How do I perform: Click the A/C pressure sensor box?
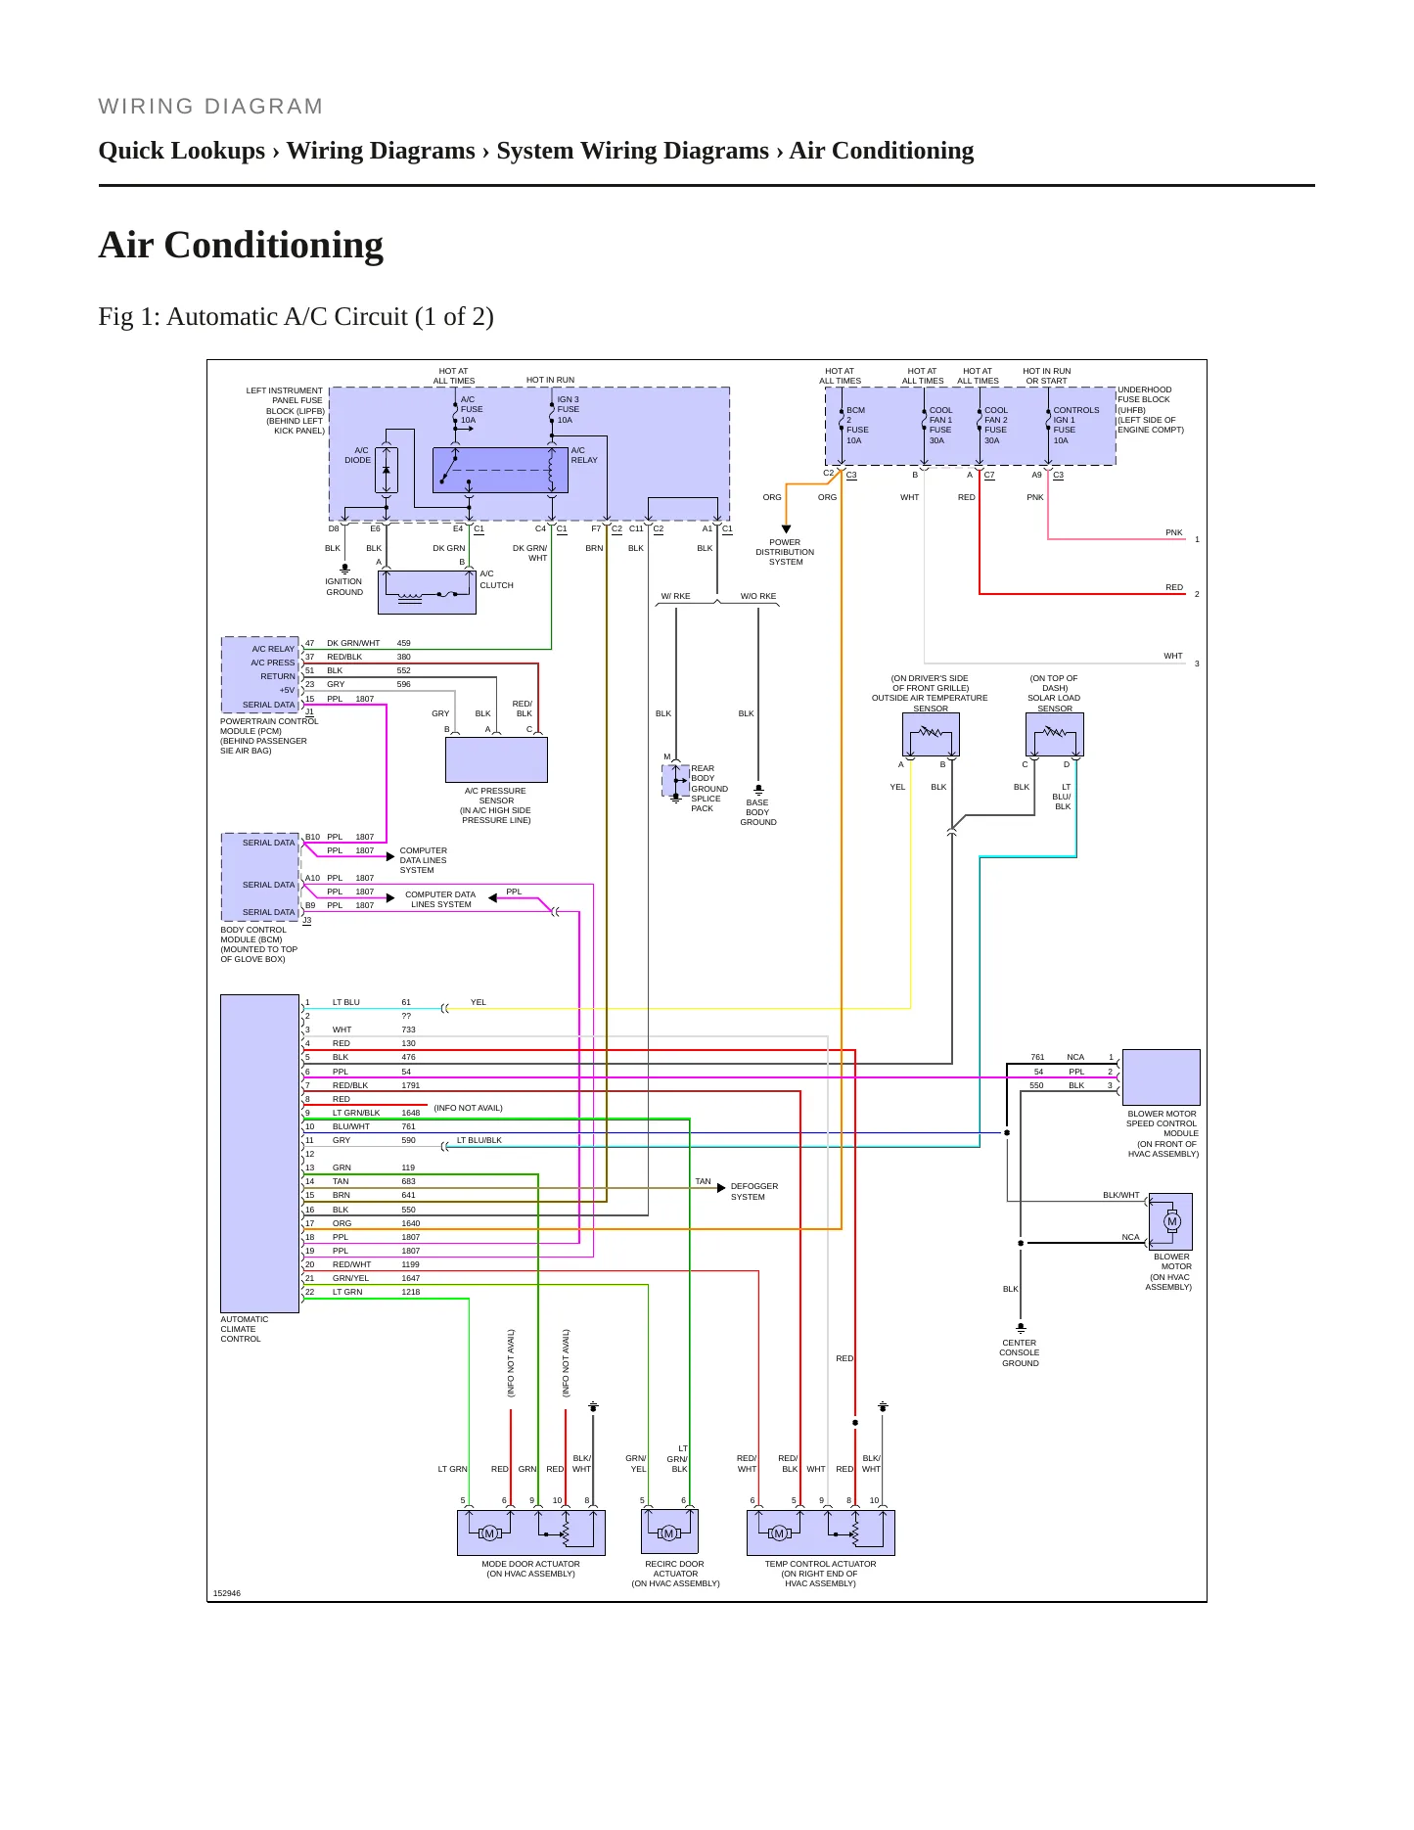click(x=496, y=759)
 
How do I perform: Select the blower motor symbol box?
click(x=1170, y=1221)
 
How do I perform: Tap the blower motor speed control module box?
click(x=1162, y=1077)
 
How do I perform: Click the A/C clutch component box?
click(x=427, y=592)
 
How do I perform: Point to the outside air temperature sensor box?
click(x=931, y=735)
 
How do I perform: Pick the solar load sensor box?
click(x=1055, y=735)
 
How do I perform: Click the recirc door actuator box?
click(x=670, y=1532)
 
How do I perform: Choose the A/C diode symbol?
click(x=386, y=471)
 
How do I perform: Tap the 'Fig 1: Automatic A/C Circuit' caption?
click(x=296, y=317)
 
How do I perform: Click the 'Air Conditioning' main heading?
click(x=241, y=245)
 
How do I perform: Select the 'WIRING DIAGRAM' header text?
click(x=210, y=107)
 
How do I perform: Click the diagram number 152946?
click(x=227, y=1593)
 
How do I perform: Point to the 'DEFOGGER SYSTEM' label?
click(x=754, y=1191)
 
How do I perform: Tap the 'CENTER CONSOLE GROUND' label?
click(x=1020, y=1352)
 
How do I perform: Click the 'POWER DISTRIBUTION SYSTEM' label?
click(x=785, y=552)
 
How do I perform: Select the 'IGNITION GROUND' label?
click(x=344, y=586)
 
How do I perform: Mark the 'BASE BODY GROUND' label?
click(x=758, y=812)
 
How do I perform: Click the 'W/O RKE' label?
click(x=758, y=596)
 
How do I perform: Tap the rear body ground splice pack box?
click(x=675, y=781)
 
